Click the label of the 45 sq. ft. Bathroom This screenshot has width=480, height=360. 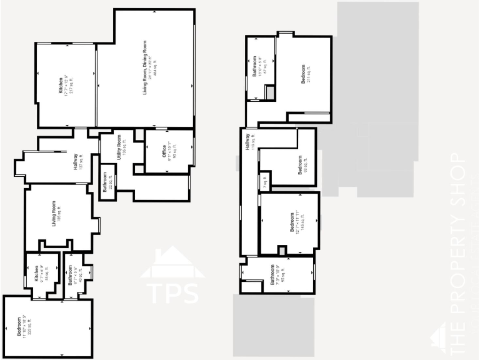pos(72,274)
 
